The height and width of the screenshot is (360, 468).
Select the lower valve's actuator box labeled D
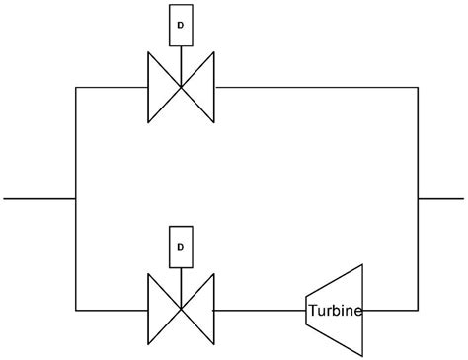pos(180,246)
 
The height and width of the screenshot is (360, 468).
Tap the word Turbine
pos(336,311)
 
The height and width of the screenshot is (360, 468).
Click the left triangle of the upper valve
pos(160,88)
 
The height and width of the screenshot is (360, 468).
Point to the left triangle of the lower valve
pos(160,310)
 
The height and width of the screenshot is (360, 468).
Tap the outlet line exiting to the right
pos(440,198)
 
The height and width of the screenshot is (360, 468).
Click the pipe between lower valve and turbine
pos(260,310)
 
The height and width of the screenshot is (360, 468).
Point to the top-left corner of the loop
pos(75,88)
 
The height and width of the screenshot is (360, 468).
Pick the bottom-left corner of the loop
pos(75,310)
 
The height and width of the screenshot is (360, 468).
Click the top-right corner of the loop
pos(418,88)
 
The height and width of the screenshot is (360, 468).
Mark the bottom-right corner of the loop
pos(418,310)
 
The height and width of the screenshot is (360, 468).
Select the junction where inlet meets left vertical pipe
pos(75,198)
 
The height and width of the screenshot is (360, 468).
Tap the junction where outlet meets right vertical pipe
pos(418,198)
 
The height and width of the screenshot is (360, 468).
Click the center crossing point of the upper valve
pos(181,88)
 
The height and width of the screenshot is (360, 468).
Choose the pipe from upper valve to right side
pos(316,88)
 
